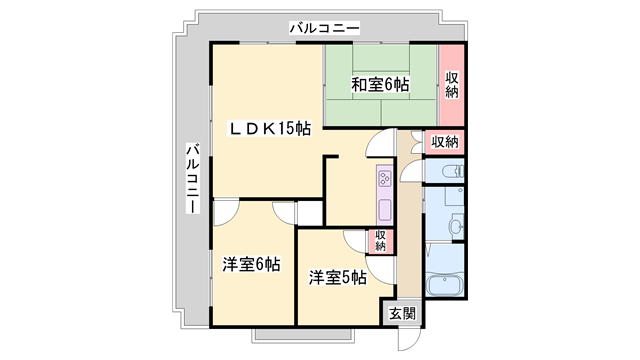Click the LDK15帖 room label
pos(270,128)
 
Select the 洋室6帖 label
pos(250,265)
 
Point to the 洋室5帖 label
pos(336,276)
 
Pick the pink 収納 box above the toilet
pos(445,142)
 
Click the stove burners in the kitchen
pos(384,181)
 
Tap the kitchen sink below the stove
pos(384,210)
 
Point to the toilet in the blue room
pos(449,172)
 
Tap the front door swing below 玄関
pos(409,337)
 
